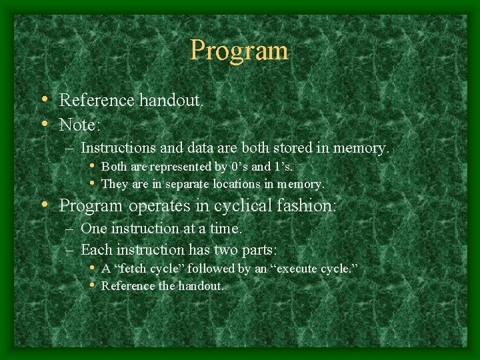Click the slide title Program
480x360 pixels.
[239, 51]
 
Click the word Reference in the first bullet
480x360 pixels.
[97, 101]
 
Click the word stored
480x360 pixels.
[293, 147]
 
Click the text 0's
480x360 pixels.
[238, 166]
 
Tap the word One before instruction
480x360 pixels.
[93, 228]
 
